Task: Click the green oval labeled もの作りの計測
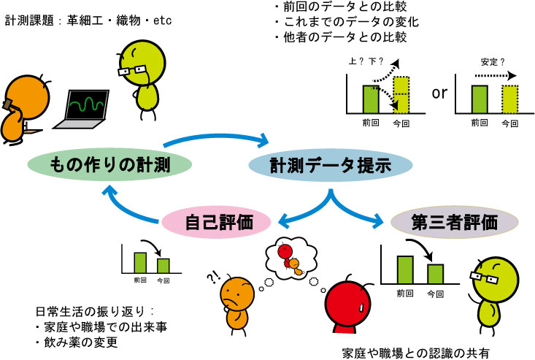(x=109, y=164)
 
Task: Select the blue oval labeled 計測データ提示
(x=331, y=165)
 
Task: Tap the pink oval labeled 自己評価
(x=216, y=222)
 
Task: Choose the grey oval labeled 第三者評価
(x=454, y=222)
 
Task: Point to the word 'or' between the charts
(x=439, y=93)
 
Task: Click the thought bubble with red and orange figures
(x=291, y=258)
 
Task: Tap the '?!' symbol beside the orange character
(x=214, y=277)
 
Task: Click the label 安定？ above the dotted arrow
(x=493, y=62)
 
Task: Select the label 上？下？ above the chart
(x=366, y=61)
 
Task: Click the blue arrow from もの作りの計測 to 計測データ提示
(x=217, y=139)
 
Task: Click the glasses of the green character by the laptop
(x=132, y=71)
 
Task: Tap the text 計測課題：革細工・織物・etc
(x=88, y=20)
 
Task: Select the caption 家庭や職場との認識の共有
(x=415, y=353)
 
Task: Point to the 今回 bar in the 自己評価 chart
(x=163, y=266)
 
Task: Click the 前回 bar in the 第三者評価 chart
(x=405, y=270)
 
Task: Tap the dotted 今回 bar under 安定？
(x=509, y=99)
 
